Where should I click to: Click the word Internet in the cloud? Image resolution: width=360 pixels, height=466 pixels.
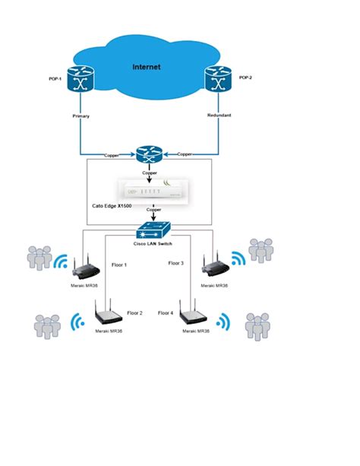point(147,67)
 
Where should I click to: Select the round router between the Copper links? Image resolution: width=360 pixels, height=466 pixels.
point(148,154)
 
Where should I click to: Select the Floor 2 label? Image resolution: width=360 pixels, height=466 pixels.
point(134,312)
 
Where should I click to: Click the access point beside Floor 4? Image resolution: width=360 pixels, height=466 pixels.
point(195,314)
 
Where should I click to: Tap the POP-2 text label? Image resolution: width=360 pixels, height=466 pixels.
point(245,78)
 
